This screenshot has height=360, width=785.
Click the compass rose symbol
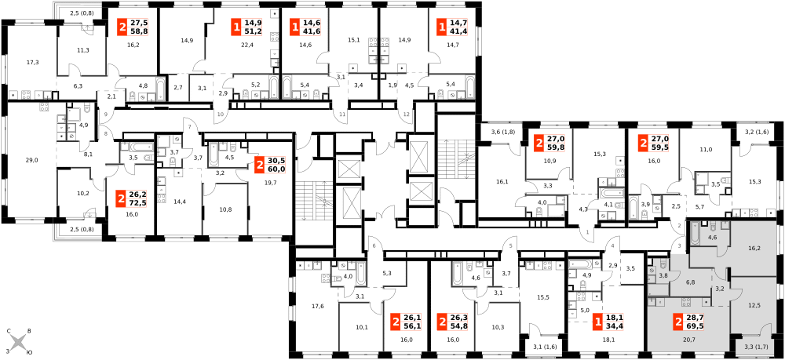coord(19,343)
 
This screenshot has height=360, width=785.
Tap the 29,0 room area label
coord(31,161)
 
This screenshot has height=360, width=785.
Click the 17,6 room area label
coord(310,307)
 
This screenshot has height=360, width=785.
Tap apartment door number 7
coord(190,127)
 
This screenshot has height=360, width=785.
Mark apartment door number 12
coord(406,115)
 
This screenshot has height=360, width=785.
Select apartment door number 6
coord(374,246)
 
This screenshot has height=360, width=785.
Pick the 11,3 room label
coord(82,50)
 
